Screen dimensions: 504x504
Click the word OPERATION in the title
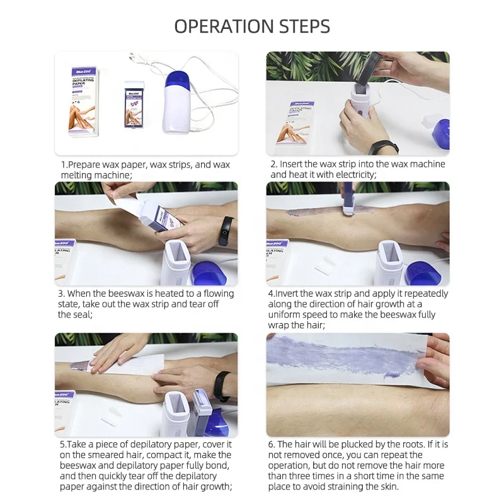point(225,26)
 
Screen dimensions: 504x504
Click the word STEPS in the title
point(305,26)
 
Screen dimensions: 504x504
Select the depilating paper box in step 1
point(83,101)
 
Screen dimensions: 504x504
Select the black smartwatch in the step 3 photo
point(226,231)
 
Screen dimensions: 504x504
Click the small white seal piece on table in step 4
point(325,263)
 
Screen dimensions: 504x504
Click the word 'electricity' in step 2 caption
point(356,175)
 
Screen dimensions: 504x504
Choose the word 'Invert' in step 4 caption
point(287,294)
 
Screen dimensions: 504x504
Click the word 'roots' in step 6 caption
point(413,445)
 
